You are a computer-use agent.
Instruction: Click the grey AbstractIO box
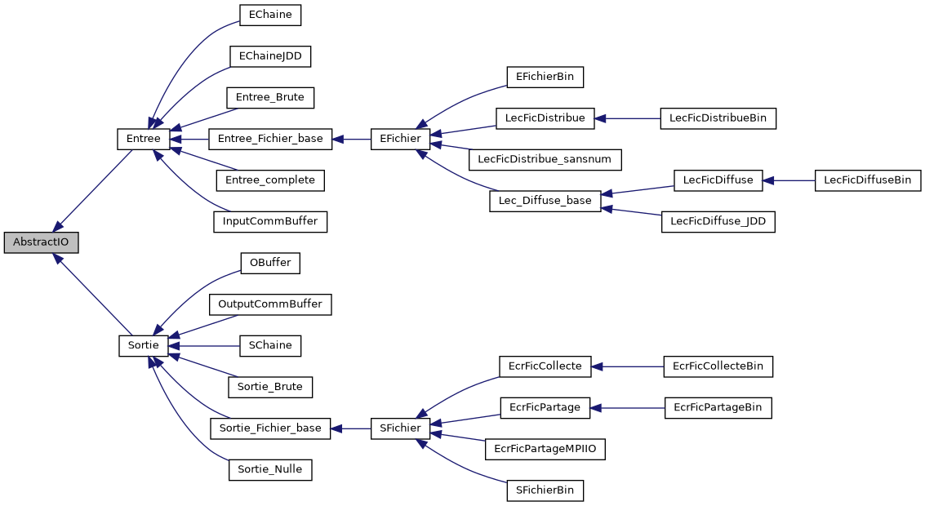(41, 242)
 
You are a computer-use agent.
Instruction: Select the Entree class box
(143, 139)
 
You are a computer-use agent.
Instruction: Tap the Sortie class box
(143, 345)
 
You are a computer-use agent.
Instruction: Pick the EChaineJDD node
(270, 56)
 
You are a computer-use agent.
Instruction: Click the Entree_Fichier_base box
(270, 139)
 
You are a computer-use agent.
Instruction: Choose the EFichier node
(400, 139)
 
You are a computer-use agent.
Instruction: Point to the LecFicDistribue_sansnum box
(545, 159)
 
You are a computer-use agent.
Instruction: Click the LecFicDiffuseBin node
(867, 180)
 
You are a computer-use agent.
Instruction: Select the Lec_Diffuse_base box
(545, 201)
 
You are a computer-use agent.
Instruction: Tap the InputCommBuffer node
(270, 221)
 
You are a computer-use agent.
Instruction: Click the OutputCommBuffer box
(270, 304)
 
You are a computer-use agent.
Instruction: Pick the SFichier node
(400, 428)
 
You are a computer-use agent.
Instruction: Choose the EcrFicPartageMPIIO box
(545, 449)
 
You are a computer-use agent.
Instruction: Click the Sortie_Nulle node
(270, 469)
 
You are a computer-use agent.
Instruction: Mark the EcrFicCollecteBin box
(718, 366)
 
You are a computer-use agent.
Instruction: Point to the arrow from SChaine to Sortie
(204, 345)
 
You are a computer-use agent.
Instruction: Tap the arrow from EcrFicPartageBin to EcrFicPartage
(629, 407)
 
